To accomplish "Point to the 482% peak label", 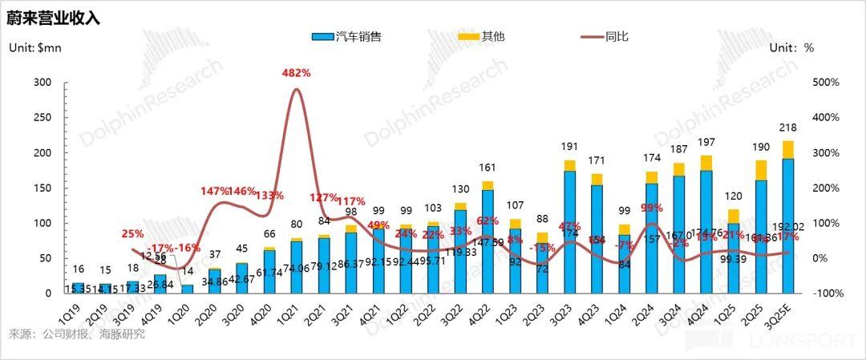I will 296,73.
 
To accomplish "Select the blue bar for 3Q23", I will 569,233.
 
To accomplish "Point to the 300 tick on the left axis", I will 42,83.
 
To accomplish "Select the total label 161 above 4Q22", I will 487,168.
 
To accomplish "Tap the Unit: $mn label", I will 35,48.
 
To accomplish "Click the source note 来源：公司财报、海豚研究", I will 76,334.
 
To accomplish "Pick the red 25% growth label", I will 133,234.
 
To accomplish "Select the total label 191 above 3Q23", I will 569,147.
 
